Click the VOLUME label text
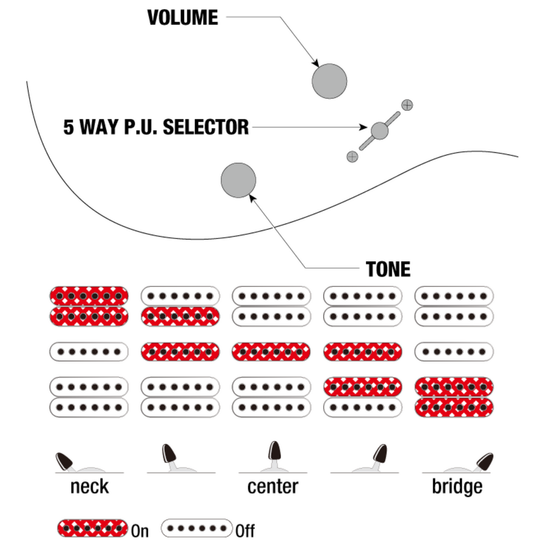[183, 17]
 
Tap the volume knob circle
[329, 81]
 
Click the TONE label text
[388, 269]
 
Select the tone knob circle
[238, 180]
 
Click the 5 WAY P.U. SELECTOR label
[156, 127]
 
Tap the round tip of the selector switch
[379, 130]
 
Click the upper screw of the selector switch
[407, 104]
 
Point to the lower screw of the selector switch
[352, 157]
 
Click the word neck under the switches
[89, 487]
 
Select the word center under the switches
[272, 487]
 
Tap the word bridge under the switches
[457, 487]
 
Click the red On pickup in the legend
[92, 528]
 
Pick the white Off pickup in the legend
[197, 528]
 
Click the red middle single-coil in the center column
[271, 351]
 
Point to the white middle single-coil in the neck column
[89, 351]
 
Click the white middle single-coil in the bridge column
[454, 351]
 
